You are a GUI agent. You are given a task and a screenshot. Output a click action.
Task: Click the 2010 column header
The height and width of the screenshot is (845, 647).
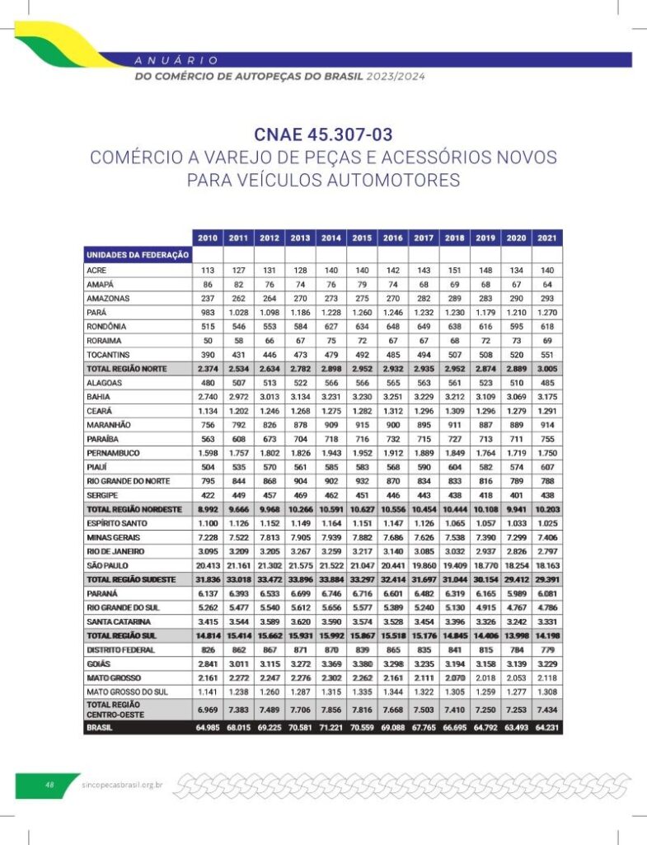point(208,238)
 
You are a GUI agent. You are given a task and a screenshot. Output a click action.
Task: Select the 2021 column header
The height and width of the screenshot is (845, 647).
point(546,238)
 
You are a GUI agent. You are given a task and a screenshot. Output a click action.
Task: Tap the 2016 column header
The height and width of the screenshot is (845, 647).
point(393,238)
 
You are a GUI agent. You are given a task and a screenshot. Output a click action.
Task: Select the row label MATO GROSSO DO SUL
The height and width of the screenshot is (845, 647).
point(127,692)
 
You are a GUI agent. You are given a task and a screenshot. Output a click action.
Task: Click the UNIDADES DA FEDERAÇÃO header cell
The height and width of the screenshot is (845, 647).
point(138,255)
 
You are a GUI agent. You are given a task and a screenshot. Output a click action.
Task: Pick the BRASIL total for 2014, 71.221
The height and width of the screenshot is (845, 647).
point(331,728)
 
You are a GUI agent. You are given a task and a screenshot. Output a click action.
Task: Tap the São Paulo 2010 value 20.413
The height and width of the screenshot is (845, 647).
point(208,565)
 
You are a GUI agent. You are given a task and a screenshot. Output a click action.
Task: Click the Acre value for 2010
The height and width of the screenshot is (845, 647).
point(208,270)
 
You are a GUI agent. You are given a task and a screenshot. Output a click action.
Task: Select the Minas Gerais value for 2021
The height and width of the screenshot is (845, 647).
point(546,537)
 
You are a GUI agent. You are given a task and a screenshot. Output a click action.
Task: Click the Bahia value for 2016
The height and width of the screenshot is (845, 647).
point(393,397)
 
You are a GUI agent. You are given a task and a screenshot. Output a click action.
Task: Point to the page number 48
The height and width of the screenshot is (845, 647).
point(49,785)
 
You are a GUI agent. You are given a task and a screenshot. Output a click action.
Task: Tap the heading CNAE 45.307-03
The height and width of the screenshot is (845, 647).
point(323,135)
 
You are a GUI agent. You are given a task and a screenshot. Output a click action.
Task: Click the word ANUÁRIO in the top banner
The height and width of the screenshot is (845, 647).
point(176,59)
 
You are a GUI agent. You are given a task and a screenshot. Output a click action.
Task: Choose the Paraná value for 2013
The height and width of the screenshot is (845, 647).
point(300,593)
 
